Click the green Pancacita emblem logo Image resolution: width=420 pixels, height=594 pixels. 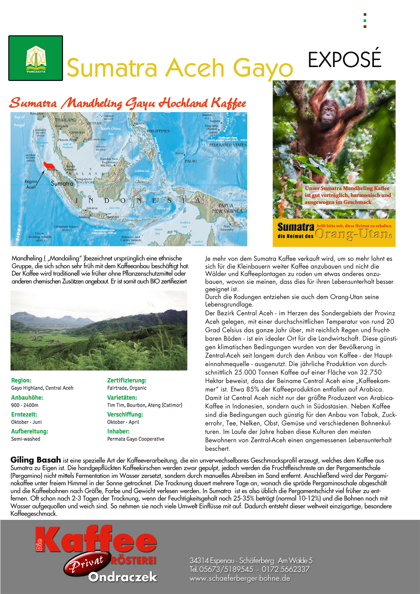click(x=36, y=58)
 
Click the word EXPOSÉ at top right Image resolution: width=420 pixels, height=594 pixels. click(x=344, y=60)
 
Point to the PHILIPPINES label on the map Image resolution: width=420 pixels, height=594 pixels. click(x=158, y=131)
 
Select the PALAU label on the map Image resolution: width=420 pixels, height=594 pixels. click(x=191, y=161)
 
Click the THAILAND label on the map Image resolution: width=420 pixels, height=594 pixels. click(x=66, y=120)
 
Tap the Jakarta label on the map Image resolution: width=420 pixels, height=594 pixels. click(x=92, y=208)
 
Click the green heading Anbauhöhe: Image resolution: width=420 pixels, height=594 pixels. click(x=27, y=398)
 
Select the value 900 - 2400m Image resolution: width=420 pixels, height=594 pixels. click(x=25, y=405)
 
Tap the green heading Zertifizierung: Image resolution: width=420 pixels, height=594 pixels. click(x=127, y=380)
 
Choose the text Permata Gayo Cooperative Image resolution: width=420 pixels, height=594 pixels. click(x=136, y=439)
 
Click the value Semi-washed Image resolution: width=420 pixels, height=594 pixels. click(x=26, y=439)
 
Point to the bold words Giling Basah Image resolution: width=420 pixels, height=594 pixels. click(x=36, y=460)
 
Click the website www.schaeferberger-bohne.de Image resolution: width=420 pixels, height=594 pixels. click(x=240, y=578)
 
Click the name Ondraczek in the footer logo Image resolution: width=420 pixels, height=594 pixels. click(x=123, y=577)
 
